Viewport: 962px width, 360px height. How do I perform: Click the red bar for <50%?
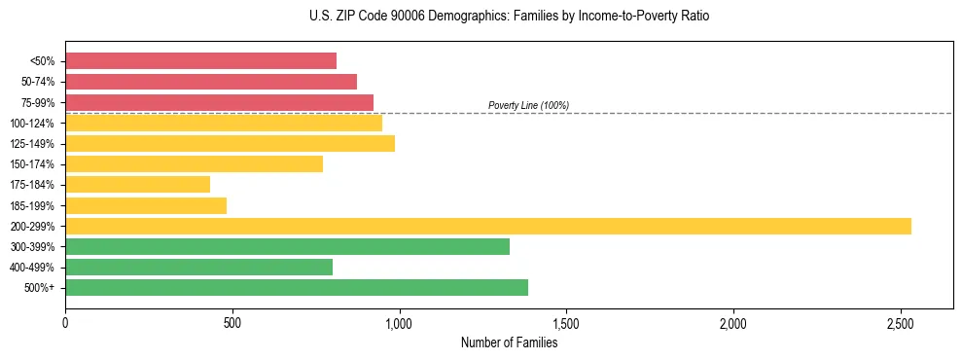[200, 61]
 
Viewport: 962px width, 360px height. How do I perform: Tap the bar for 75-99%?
[219, 102]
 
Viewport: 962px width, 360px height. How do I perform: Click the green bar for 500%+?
[297, 287]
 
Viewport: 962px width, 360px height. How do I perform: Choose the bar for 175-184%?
[137, 184]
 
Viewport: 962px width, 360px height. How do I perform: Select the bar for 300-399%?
[287, 246]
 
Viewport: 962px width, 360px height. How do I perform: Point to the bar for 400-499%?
[198, 267]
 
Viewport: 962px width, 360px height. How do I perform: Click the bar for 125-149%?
[230, 143]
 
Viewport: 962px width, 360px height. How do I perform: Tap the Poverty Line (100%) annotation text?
[528, 105]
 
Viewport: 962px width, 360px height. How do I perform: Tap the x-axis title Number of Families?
[509, 342]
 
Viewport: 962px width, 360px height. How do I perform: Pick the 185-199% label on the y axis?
[32, 205]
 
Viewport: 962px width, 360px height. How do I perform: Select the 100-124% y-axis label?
[32, 123]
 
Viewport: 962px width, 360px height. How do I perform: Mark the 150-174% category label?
[32, 164]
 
